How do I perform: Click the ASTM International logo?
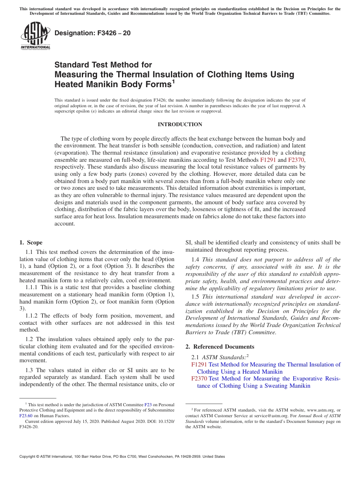point(35,36)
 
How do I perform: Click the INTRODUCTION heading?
point(180,124)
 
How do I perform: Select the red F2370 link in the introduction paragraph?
point(296,160)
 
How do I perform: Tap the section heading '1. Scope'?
point(31,243)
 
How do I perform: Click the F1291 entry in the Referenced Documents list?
point(199,365)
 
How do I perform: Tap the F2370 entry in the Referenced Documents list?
point(199,379)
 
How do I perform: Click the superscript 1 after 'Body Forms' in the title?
point(173,81)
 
